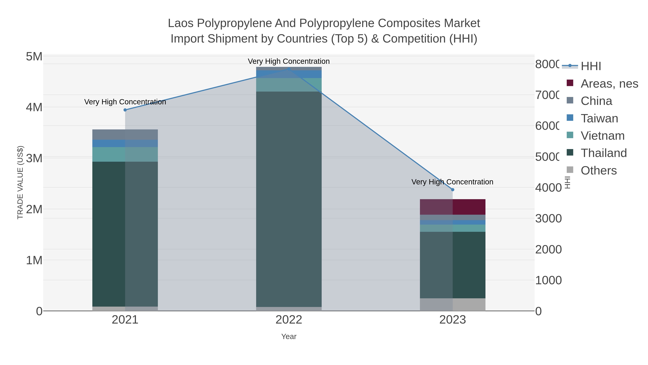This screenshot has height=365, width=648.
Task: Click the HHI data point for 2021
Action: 125,110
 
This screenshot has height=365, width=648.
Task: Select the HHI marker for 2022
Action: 289,69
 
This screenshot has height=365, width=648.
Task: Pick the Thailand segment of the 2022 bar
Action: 289,199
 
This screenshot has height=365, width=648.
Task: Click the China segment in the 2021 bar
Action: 125,134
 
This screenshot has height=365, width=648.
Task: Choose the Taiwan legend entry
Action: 599,118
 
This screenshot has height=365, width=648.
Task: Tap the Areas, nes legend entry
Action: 609,84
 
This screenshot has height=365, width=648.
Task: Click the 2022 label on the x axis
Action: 289,320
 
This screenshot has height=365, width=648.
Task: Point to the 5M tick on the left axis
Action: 34,57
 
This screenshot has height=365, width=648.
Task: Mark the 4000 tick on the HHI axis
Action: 548,188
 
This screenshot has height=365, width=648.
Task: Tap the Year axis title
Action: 289,337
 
